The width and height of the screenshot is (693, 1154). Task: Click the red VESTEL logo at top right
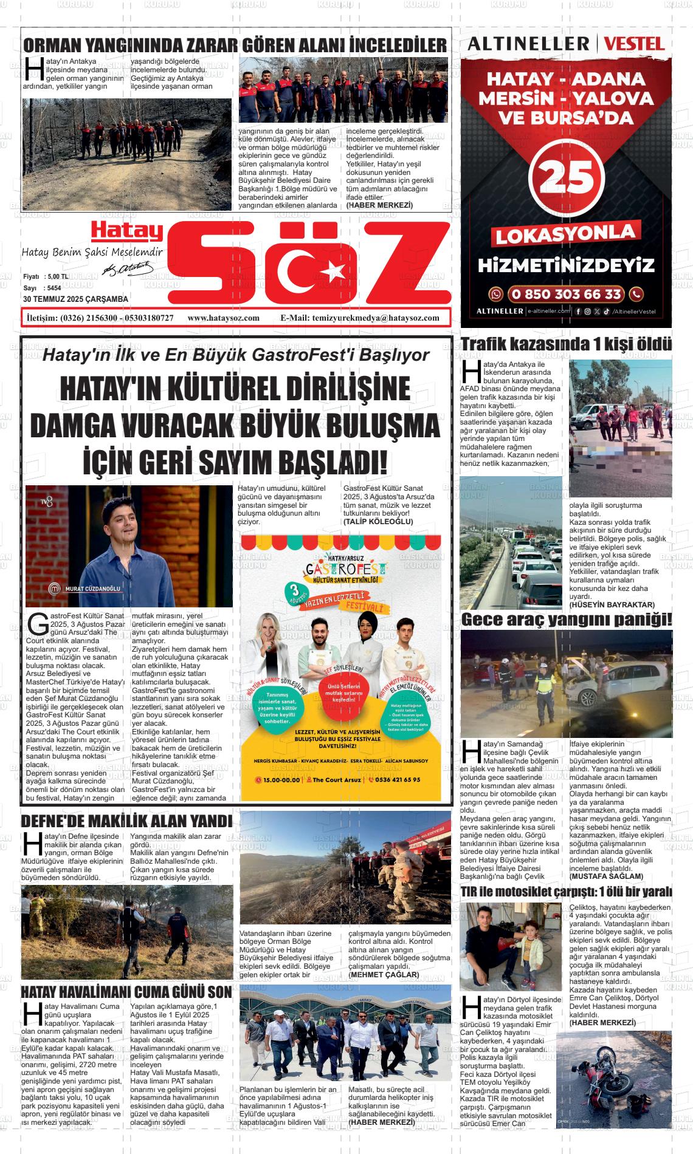point(634,44)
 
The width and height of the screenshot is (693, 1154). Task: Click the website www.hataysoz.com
point(224,318)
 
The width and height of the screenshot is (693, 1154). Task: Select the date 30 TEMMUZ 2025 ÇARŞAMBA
point(75,299)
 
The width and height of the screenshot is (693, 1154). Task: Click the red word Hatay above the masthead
point(127,231)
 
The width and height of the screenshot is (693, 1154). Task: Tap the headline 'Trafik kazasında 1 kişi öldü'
point(566,344)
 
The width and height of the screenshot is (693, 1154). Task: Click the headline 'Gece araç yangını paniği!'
point(566,620)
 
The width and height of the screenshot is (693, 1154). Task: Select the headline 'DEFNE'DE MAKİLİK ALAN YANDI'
point(126,821)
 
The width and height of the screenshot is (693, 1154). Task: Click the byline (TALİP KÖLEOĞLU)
point(378,522)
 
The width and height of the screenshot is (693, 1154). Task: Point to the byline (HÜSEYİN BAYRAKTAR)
point(612,605)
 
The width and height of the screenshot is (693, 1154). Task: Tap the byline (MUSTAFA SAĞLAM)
point(606,876)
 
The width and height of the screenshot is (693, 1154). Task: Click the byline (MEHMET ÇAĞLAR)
point(384,974)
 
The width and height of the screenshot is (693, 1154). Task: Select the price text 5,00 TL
point(57,276)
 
